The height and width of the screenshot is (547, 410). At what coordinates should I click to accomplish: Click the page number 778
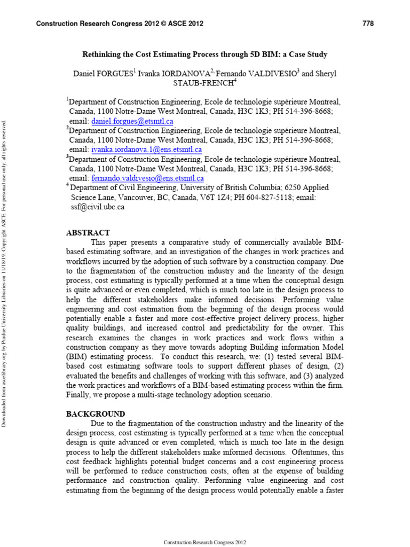coord(368,24)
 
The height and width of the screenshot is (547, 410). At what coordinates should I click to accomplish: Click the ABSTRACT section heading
coord(88,233)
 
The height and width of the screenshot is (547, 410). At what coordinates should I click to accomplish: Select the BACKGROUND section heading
coord(96,414)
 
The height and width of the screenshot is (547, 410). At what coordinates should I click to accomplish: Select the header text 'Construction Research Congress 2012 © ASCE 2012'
coord(119,24)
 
